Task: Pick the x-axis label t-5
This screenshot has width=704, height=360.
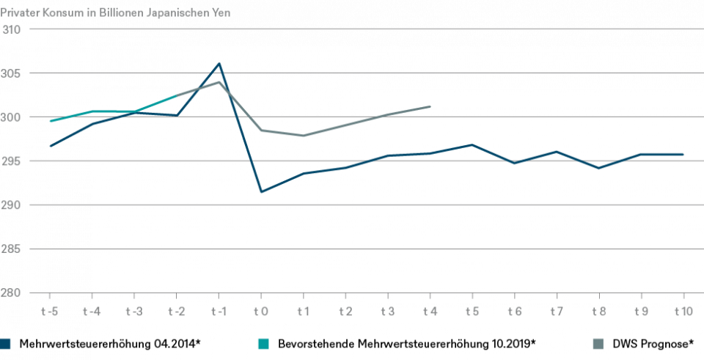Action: point(49,312)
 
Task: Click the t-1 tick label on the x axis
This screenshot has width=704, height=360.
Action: point(219,312)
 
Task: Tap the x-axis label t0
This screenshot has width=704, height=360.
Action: point(261,312)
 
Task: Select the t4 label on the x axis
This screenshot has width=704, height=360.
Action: point(430,312)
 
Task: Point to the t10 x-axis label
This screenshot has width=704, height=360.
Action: point(683,312)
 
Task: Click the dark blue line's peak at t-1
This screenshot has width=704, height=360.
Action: point(219,64)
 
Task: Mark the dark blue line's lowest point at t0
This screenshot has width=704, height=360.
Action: point(261,191)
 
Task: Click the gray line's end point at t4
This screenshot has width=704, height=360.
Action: point(430,106)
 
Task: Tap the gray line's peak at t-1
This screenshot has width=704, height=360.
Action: point(219,81)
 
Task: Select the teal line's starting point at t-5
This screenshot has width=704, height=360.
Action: point(50,121)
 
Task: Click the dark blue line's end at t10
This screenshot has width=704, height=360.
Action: point(683,154)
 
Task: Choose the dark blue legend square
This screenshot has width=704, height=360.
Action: point(6,343)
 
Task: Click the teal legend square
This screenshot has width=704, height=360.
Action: point(263,343)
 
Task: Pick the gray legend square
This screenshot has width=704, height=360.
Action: point(598,343)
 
